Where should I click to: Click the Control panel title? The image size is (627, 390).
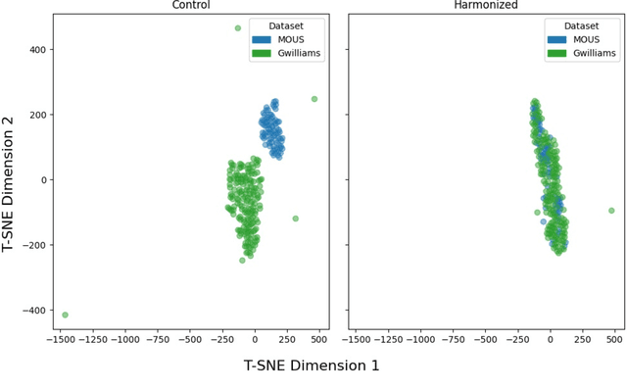[190, 5]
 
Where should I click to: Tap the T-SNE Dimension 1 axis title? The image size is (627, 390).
[311, 366]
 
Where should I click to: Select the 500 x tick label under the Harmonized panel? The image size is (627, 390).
[614, 339]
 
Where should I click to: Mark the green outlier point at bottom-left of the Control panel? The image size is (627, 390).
[65, 315]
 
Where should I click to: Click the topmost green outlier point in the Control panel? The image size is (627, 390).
[238, 28]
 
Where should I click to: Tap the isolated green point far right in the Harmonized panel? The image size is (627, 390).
[611, 211]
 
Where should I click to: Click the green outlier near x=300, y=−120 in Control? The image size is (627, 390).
[296, 219]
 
